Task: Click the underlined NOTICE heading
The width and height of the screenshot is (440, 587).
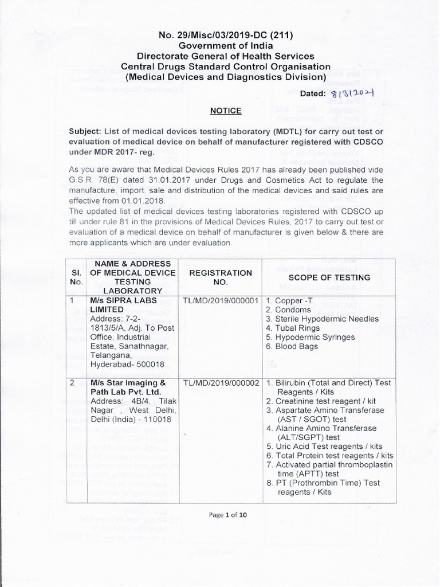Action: [x=225, y=110]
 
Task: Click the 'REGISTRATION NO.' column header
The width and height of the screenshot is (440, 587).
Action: [x=221, y=277]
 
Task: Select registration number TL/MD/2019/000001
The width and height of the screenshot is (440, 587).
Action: [x=221, y=301]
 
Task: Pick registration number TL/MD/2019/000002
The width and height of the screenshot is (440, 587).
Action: [x=221, y=382]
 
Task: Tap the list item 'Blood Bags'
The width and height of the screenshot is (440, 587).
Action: [x=296, y=347]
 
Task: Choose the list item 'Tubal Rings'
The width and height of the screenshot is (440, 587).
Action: [x=298, y=328]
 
